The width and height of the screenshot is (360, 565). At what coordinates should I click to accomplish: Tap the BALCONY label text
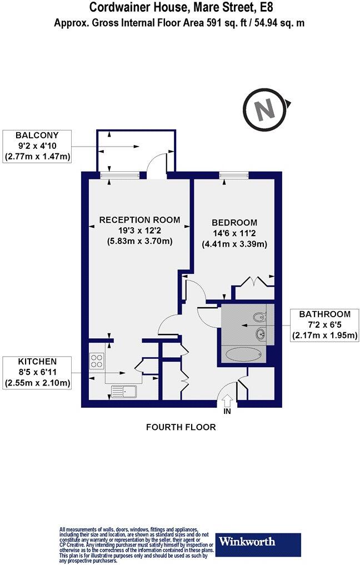pyautogui.click(x=37, y=135)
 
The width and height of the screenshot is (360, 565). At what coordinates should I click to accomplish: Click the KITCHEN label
pyautogui.click(x=37, y=361)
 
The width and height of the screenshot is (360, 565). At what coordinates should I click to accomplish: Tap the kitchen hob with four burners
pyautogui.click(x=97, y=362)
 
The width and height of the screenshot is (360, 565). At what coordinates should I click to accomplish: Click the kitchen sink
pyautogui.click(x=124, y=392)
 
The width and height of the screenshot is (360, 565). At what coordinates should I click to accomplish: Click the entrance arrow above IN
pyautogui.click(x=227, y=400)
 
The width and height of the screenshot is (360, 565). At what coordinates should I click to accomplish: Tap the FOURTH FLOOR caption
pyautogui.click(x=181, y=427)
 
